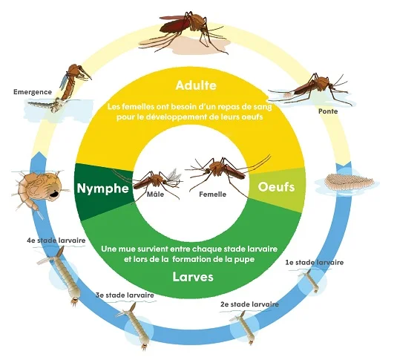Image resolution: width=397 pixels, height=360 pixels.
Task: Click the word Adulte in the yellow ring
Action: click(196, 85)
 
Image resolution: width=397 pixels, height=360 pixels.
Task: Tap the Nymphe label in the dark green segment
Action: click(103, 189)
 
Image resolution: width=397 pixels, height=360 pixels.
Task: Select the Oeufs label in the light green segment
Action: click(276, 187)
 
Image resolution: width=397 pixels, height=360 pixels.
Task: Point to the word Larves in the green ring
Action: click(193, 277)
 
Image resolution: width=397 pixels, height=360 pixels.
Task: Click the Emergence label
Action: click(33, 92)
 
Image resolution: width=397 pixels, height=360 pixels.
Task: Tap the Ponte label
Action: click(328, 111)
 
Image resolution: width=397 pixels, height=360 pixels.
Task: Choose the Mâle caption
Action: click(155, 194)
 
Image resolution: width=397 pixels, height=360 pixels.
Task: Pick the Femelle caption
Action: click(213, 194)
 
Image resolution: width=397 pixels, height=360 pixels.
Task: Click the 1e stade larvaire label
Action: click(315, 263)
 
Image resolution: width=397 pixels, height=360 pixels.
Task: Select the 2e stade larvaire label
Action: click(249, 304)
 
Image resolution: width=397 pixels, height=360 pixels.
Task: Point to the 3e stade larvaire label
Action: click(125, 295)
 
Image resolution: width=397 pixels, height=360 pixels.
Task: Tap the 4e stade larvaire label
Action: click(56, 240)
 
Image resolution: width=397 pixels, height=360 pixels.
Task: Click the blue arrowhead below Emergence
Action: click(39, 156)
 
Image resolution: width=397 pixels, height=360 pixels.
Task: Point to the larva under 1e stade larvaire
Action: click(310, 281)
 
